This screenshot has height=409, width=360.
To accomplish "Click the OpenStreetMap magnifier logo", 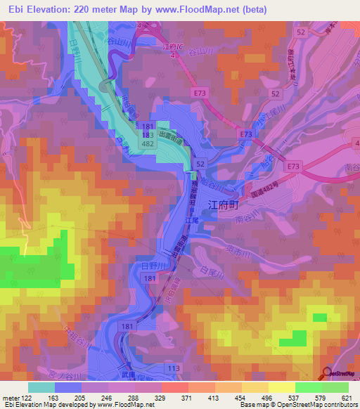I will (x=326, y=373).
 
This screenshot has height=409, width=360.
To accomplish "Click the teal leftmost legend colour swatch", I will (x=41, y=387).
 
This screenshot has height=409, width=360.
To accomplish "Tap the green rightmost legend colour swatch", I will (x=335, y=387).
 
